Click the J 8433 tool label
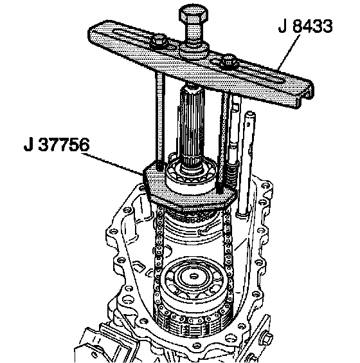coord(305,26)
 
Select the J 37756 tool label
coord(57,145)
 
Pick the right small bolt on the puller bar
coord(228,60)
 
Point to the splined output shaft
coord(192,123)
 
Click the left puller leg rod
coord(160,120)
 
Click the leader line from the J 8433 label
coord(289,52)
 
